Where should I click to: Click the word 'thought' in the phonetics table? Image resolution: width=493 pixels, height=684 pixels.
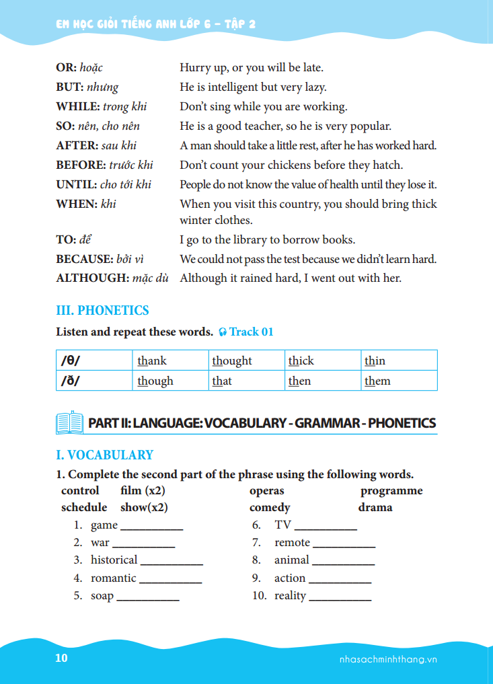[x=232, y=361]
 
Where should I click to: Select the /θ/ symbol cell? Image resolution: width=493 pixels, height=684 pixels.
[x=71, y=361]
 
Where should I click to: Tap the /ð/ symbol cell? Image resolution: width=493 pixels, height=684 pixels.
[x=71, y=381]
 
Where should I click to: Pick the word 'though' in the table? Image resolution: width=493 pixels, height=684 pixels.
[x=155, y=381]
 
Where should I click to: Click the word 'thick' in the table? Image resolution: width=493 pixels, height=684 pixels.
[x=301, y=361]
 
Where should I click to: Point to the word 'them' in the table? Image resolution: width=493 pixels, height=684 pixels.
[x=377, y=381]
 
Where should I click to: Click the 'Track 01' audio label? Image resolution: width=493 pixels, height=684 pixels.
[x=252, y=332]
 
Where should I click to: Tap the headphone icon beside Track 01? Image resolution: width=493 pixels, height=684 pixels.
[x=223, y=332]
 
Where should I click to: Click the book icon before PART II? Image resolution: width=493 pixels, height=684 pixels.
[x=69, y=423]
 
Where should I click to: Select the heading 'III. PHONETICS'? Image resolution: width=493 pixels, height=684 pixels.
[x=102, y=311]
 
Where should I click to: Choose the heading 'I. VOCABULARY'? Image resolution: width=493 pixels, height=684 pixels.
[x=104, y=455]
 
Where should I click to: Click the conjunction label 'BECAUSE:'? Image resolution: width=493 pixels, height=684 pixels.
[x=84, y=259]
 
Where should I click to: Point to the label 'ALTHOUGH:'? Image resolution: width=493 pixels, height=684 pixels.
[x=87, y=278]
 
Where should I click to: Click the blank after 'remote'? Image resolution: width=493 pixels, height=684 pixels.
[x=344, y=545]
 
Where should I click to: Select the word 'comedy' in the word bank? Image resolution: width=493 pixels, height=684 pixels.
[x=270, y=508]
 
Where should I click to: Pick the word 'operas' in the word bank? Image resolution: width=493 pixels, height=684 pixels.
[x=266, y=491]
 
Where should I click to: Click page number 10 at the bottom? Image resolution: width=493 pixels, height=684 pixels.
[x=61, y=658]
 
